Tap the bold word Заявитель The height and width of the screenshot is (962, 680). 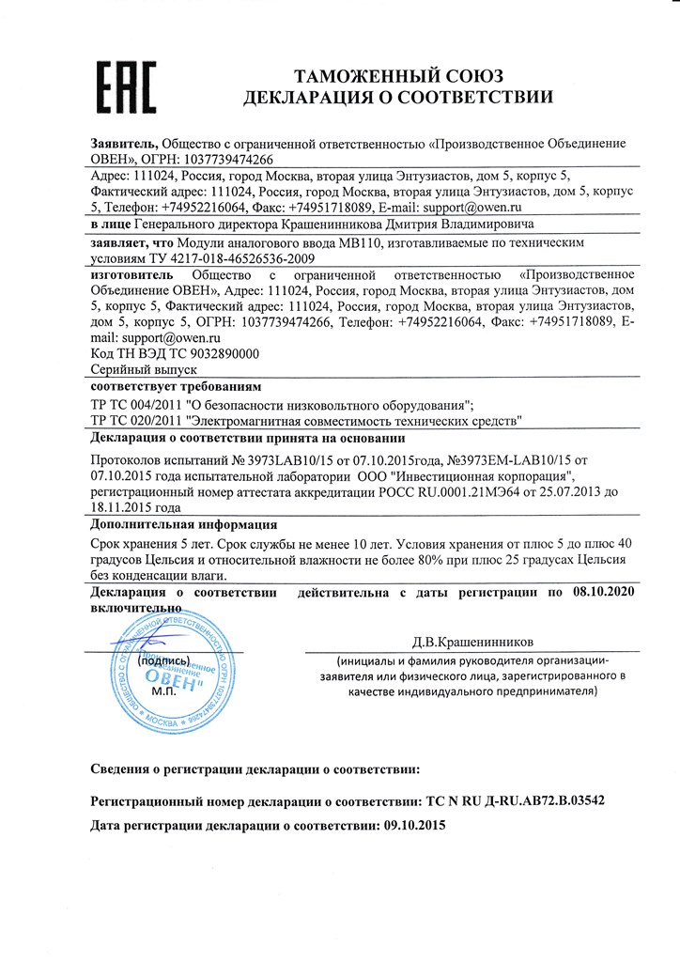(x=123, y=143)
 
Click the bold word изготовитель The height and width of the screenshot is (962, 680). (x=131, y=275)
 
